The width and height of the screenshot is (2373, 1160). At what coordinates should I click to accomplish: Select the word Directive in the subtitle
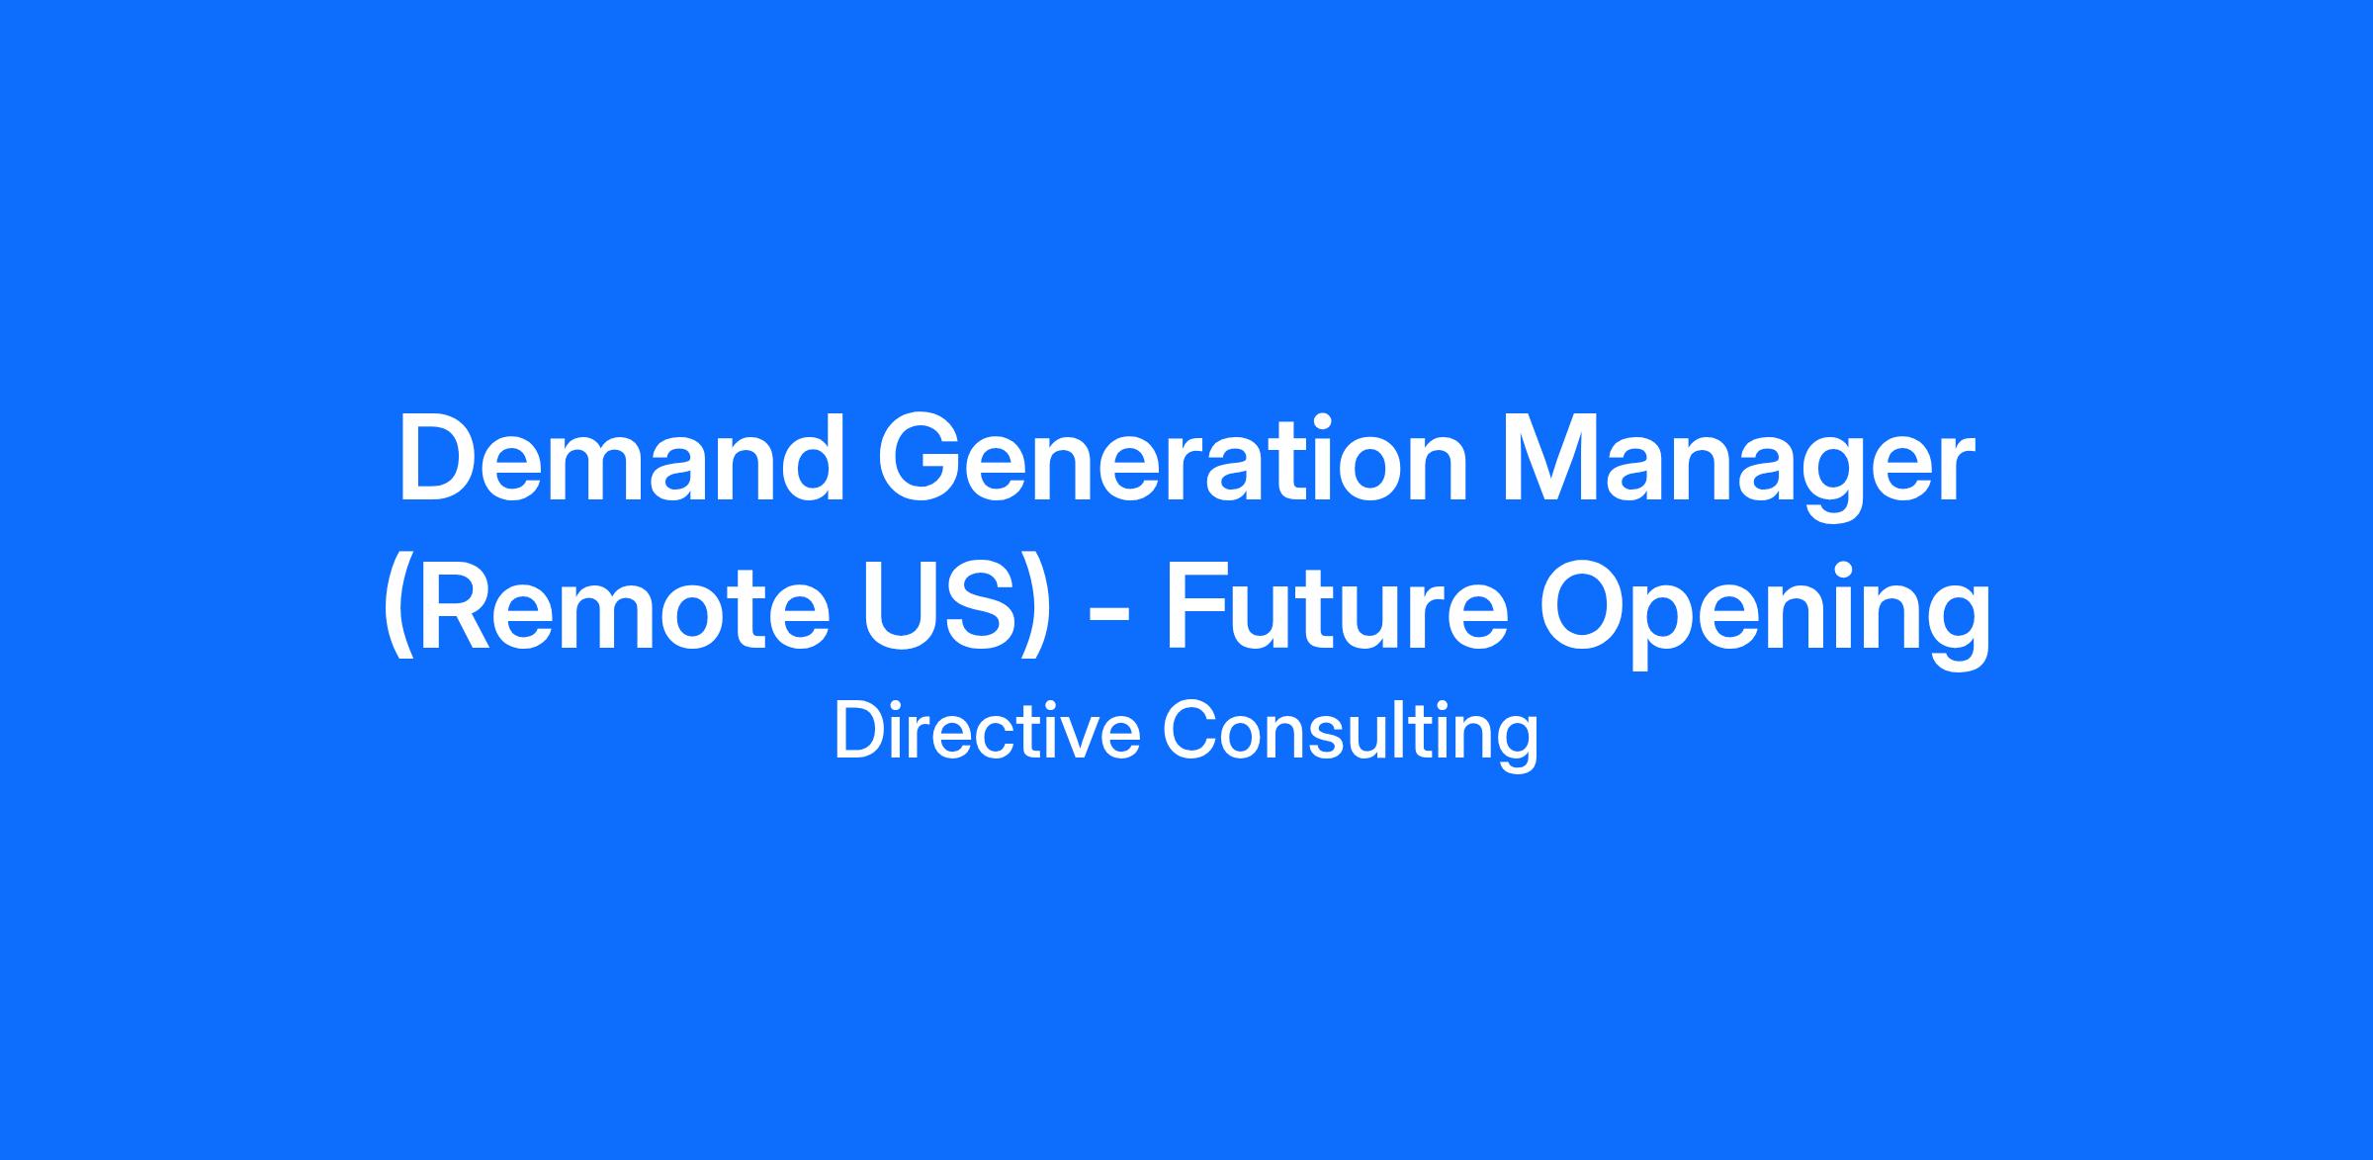pyautogui.click(x=987, y=732)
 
